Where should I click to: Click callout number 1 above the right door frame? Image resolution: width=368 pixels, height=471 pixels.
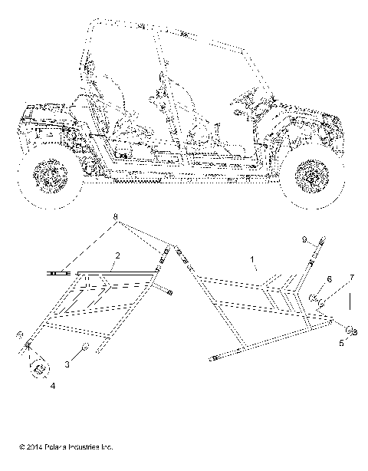(x=252, y=260)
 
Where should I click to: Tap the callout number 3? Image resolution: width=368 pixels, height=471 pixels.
(x=67, y=366)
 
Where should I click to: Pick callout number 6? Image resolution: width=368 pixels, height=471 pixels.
(x=330, y=279)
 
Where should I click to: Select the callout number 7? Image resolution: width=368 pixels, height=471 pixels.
(x=352, y=276)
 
